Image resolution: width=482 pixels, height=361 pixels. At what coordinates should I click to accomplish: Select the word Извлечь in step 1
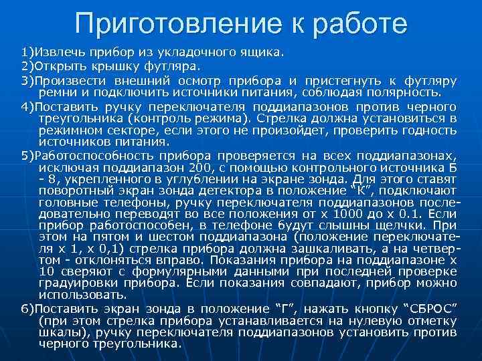pyautogui.click(x=60, y=51)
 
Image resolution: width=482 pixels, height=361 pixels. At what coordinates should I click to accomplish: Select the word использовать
pyautogui.click(x=82, y=294)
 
